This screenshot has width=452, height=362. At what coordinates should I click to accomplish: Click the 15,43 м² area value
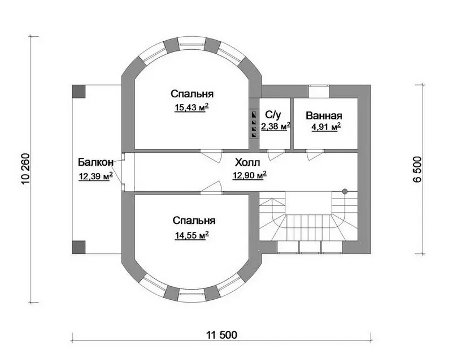click(x=192, y=107)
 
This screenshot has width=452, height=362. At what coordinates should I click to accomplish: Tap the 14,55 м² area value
click(x=192, y=235)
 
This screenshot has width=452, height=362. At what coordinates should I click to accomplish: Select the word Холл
click(x=247, y=162)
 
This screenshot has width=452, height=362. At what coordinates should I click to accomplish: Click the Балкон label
click(x=95, y=162)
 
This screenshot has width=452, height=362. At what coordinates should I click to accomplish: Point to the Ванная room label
click(x=324, y=115)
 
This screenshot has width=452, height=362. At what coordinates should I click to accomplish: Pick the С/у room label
click(x=273, y=115)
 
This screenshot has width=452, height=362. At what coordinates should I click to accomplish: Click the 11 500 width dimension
click(x=221, y=335)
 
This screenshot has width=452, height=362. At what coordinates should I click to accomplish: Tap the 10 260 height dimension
click(x=25, y=169)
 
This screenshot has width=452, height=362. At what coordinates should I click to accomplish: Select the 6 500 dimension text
click(x=417, y=170)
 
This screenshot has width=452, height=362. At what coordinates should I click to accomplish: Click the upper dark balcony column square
click(x=79, y=91)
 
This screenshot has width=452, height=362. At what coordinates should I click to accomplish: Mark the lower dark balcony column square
click(x=79, y=247)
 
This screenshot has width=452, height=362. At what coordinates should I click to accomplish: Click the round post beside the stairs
click(x=345, y=191)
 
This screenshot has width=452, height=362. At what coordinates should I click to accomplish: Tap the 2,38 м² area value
click(x=276, y=127)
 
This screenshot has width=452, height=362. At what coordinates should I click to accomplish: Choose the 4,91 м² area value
click(x=326, y=127)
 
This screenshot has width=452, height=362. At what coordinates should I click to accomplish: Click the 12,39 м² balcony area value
click(x=95, y=176)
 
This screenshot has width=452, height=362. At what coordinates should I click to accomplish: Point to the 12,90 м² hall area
click(x=249, y=175)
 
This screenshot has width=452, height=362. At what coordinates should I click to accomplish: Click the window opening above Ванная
click(x=319, y=92)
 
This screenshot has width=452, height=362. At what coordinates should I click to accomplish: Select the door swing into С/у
click(x=276, y=155)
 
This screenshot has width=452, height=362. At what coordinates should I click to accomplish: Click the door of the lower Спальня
click(x=211, y=187)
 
